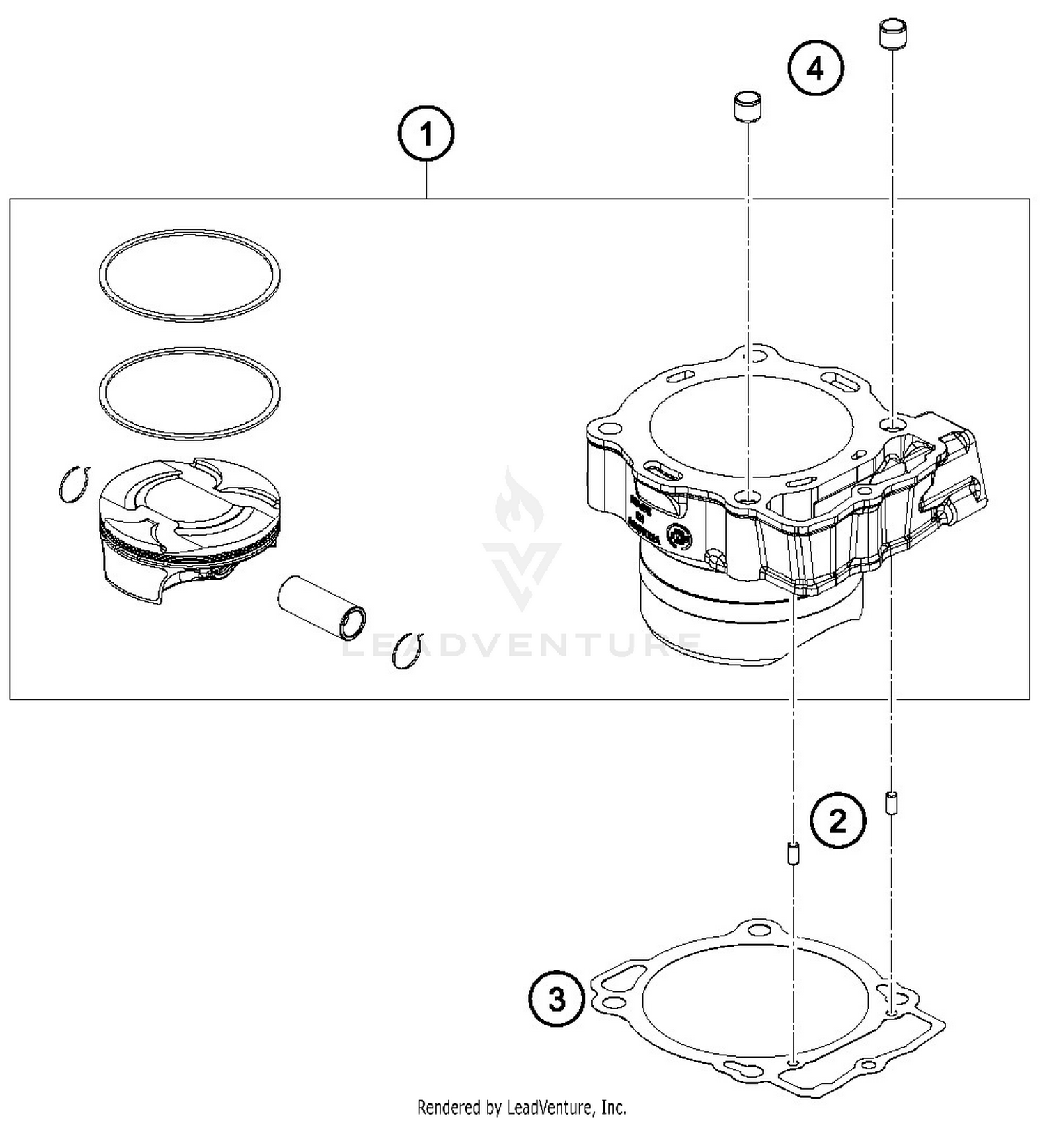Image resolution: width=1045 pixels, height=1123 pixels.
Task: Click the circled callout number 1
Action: click(x=426, y=133)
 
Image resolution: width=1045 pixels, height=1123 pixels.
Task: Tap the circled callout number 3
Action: click(x=557, y=1000)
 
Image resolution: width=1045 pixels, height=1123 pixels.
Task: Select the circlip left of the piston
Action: click(x=73, y=483)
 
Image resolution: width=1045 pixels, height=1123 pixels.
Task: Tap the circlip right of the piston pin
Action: click(x=408, y=651)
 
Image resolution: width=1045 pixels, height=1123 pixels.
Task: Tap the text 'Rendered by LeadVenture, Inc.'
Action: click(x=522, y=1106)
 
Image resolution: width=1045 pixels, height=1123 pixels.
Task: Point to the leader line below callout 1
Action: click(x=426, y=179)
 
